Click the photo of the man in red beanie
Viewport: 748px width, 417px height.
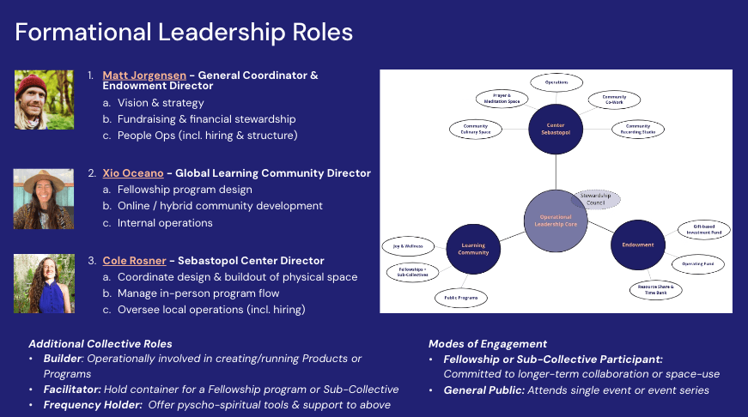37,100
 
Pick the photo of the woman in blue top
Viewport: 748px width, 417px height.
37,282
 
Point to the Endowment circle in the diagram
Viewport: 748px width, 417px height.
637,245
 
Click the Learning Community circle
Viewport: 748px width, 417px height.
473,249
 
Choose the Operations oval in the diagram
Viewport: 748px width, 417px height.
556,82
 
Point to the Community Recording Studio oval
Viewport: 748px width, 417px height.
637,130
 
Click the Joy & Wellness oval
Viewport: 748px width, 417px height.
408,245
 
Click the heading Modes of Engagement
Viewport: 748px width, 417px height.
487,343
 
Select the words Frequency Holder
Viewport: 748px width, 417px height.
93,404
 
